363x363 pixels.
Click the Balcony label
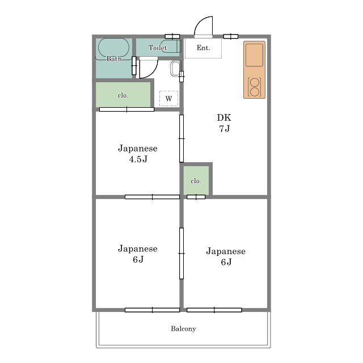click(x=183, y=329)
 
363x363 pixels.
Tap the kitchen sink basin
click(x=254, y=55)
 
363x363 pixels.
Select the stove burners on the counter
click(x=254, y=87)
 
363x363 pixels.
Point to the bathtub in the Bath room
click(x=113, y=48)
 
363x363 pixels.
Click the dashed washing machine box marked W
click(x=169, y=98)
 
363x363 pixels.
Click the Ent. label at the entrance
click(x=203, y=48)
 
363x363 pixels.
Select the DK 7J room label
click(x=224, y=123)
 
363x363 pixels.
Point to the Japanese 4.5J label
click(x=138, y=154)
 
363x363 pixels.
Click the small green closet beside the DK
click(x=196, y=180)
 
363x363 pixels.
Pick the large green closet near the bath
click(x=123, y=95)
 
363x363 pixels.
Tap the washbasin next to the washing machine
click(x=175, y=69)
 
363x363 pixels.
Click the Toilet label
click(x=158, y=48)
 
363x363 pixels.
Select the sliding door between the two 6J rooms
click(x=181, y=254)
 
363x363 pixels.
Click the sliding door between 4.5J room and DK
click(x=181, y=138)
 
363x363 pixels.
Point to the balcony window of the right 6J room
click(x=214, y=310)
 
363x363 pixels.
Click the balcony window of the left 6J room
click(x=153, y=310)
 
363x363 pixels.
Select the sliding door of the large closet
click(x=126, y=109)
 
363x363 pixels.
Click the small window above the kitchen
click(x=231, y=36)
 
